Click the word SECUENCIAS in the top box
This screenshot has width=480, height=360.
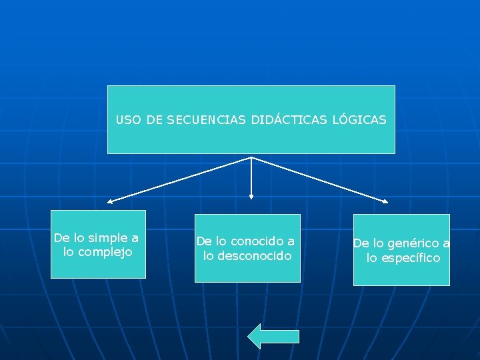tap(207, 120)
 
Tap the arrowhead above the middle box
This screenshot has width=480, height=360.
tap(251, 196)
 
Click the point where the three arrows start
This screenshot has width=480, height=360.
tap(251, 157)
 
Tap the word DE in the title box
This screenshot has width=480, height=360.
tap(154, 120)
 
